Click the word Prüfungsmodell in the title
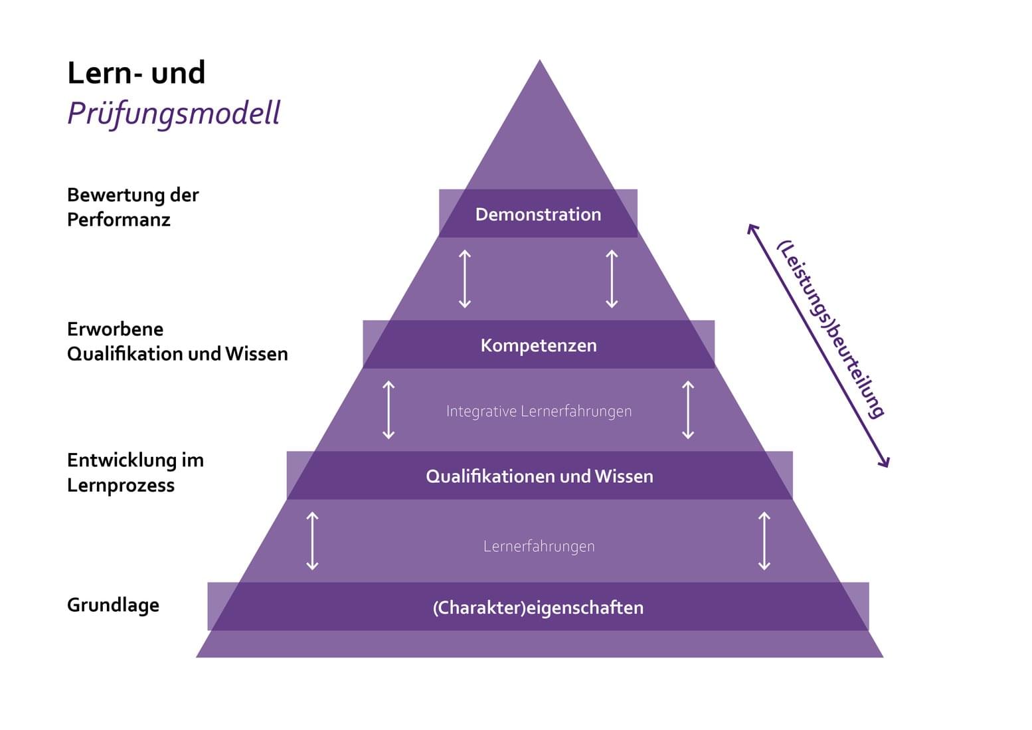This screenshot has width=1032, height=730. click(x=174, y=113)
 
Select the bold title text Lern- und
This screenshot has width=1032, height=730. click(x=136, y=73)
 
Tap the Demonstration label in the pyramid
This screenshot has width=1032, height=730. click(x=538, y=215)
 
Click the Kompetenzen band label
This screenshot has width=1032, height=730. click(x=539, y=345)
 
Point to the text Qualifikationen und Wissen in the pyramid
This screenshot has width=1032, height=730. click(x=539, y=476)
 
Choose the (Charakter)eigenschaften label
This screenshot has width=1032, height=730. click(x=538, y=608)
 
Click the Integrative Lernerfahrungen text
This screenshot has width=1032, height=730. click(x=539, y=411)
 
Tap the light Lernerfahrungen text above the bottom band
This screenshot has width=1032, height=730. click(x=539, y=546)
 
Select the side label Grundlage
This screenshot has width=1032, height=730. click(x=113, y=605)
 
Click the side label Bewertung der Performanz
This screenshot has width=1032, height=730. click(x=133, y=207)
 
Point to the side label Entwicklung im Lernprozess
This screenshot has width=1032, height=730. click(x=135, y=472)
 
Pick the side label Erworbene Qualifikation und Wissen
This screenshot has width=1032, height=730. click(x=177, y=341)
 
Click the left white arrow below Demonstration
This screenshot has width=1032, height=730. click(x=465, y=279)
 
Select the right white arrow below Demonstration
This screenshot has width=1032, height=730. click(x=612, y=279)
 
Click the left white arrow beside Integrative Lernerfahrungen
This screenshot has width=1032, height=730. click(x=388, y=410)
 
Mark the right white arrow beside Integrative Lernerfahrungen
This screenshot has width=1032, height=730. click(x=688, y=410)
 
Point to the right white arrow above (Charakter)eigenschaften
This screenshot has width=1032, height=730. click(x=764, y=541)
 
